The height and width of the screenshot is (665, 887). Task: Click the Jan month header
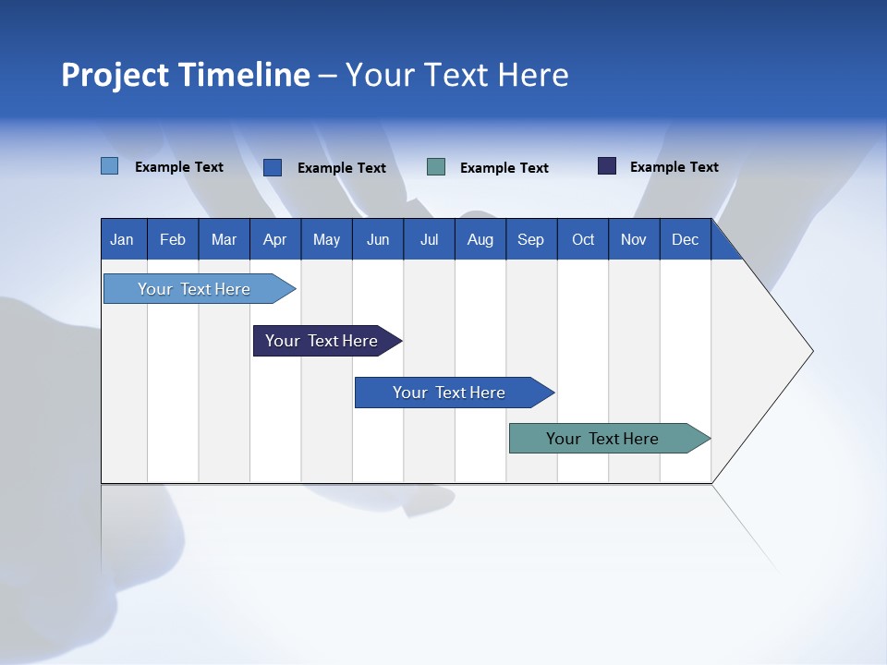(x=122, y=239)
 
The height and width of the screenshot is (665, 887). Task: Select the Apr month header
(x=274, y=239)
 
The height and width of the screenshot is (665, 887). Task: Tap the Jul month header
(x=429, y=239)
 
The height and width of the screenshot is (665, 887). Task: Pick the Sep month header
(x=530, y=239)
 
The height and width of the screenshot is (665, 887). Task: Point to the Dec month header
(x=685, y=239)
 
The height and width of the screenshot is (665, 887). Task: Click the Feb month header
(x=173, y=239)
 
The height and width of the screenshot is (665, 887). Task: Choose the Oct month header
(x=583, y=239)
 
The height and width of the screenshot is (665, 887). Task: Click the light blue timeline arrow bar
(x=194, y=289)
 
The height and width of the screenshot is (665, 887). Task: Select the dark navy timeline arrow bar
(x=322, y=341)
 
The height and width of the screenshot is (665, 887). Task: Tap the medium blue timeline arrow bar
(x=449, y=393)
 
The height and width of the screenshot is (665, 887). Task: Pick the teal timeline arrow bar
(x=602, y=439)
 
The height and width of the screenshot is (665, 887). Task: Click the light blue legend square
(x=110, y=166)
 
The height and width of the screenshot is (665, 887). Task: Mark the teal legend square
(x=436, y=167)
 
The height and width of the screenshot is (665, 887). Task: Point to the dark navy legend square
(x=607, y=166)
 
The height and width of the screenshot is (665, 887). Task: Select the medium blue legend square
(x=273, y=167)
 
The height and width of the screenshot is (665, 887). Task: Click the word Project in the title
(x=115, y=75)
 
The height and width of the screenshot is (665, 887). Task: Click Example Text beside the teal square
(x=504, y=168)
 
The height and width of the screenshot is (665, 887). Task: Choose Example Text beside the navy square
(x=674, y=167)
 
